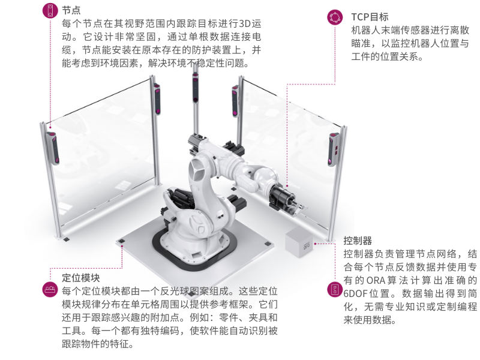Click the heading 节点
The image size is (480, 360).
[x=71, y=11]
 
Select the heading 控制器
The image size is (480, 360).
[x=358, y=240]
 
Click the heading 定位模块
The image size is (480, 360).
[x=81, y=278]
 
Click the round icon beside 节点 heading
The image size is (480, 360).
[x=49, y=10]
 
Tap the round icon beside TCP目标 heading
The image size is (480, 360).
[x=334, y=17]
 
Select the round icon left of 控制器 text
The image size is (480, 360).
[x=334, y=290]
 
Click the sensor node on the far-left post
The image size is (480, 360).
[x=53, y=148]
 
